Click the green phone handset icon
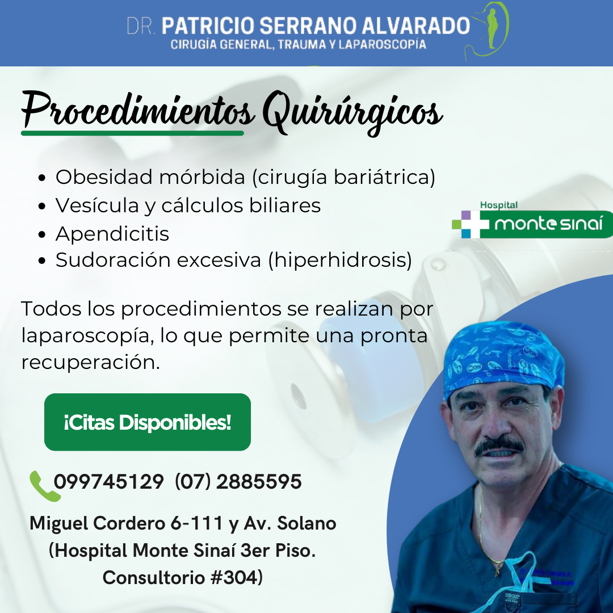coord(44,486)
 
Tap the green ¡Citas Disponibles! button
coord(148,422)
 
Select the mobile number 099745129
coord(108,481)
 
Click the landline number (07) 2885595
coord(238,481)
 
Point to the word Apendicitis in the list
coord(112,234)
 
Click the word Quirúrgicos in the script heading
coord(352,112)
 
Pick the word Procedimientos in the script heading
coord(137,110)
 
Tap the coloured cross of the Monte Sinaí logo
coord(471,224)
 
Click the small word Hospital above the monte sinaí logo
coord(499,205)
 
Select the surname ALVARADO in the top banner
coord(415,26)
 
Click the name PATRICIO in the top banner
coord(208,26)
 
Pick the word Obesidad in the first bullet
coord(104,177)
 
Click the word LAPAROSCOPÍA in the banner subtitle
coord(382,45)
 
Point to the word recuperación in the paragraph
coord(90,362)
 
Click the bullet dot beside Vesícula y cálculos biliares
coord(42,206)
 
